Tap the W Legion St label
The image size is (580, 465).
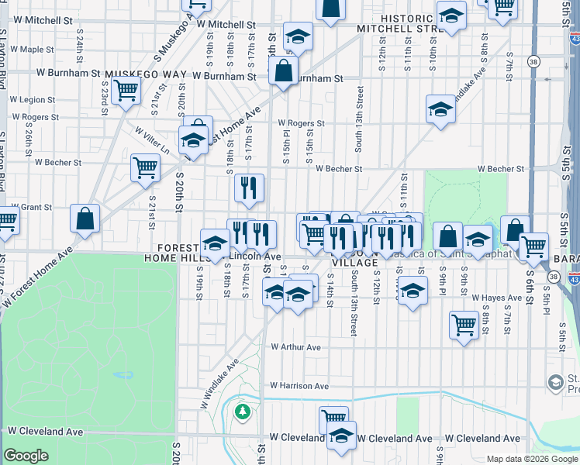[32, 99]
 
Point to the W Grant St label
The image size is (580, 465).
[30, 208]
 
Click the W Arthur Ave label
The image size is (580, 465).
[295, 348]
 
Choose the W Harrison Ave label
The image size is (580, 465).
[299, 386]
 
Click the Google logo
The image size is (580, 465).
[26, 456]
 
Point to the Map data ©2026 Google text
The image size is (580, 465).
[532, 459]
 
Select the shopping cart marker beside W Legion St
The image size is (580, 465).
[125, 90]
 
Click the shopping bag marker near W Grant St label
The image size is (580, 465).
[85, 219]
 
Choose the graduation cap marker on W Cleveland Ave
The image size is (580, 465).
[340, 436]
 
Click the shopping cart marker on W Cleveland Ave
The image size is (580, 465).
[333, 419]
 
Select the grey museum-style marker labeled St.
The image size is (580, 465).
[555, 382]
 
